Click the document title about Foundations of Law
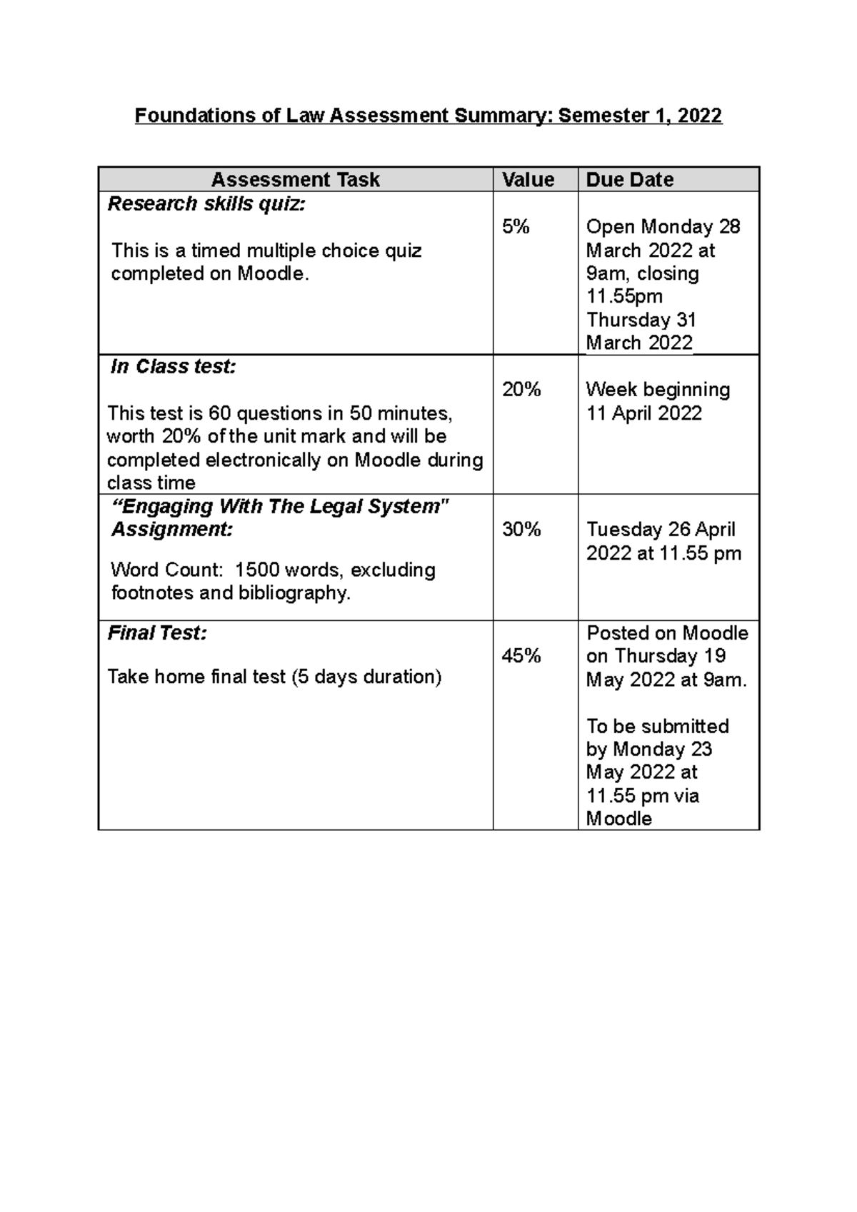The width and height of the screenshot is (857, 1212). [428, 116]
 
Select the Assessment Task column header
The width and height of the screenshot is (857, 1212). [295, 179]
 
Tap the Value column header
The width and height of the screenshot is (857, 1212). [528, 179]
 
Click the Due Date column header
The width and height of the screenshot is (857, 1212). [629, 179]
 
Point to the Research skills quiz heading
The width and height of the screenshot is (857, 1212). [206, 204]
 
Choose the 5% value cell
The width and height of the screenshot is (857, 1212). [516, 227]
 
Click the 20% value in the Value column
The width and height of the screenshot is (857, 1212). [521, 390]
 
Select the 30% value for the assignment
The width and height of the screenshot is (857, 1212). [521, 530]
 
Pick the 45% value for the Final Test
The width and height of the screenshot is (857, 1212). [521, 656]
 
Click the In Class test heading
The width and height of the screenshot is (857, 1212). [173, 367]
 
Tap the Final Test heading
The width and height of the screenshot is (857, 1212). [157, 633]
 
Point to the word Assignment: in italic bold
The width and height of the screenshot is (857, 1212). [172, 530]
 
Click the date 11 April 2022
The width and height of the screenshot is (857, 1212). [643, 413]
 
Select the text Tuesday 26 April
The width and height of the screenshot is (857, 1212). [661, 530]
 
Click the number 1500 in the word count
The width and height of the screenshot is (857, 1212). [257, 570]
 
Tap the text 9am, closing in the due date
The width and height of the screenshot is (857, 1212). [642, 273]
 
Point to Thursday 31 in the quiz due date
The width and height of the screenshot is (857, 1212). [641, 320]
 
